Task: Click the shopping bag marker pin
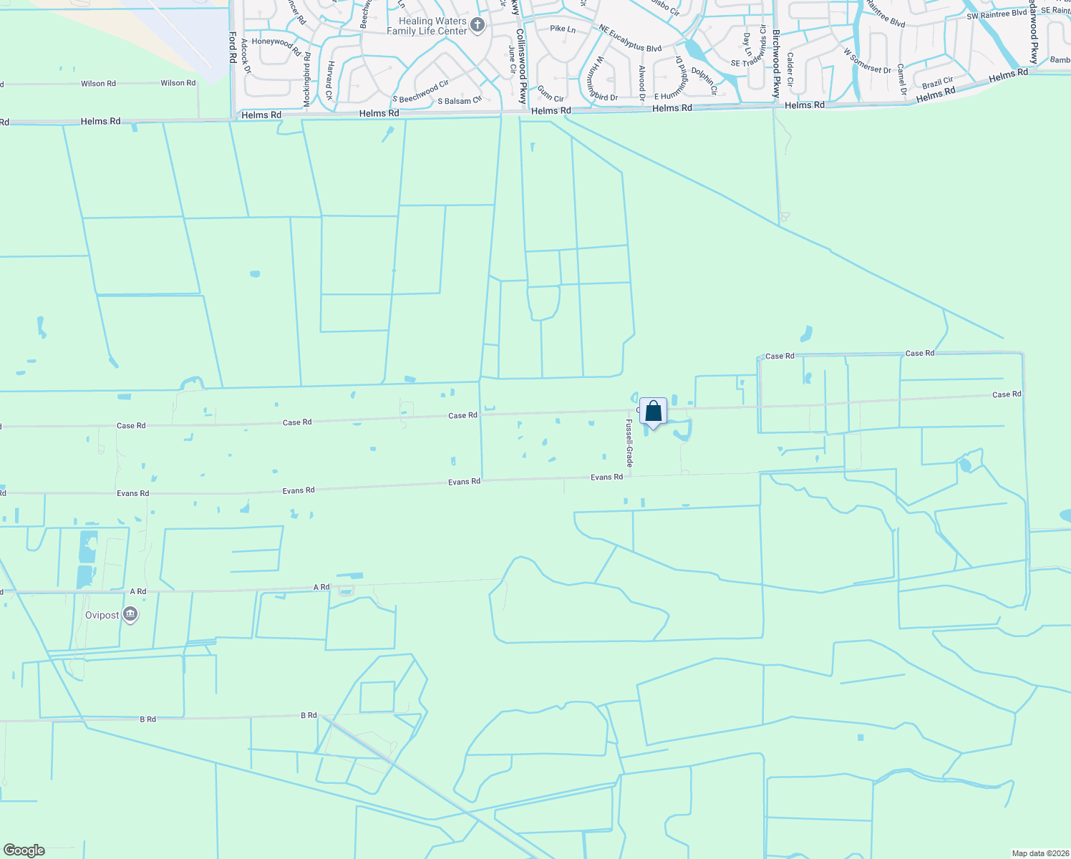coord(653,412)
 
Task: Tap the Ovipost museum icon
coord(130,615)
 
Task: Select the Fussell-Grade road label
coord(630,445)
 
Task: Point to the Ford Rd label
coord(233,47)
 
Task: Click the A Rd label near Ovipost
coord(138,592)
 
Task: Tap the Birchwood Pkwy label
coord(775,64)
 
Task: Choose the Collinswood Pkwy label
coord(522,68)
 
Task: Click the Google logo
coord(24,850)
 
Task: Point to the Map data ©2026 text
coord(1039,853)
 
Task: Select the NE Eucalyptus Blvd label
coord(630,39)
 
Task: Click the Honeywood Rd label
coord(276,46)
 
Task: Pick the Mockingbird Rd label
coord(306,79)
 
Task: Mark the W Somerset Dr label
coord(867,61)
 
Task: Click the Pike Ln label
coord(563,29)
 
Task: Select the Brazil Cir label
coord(937,83)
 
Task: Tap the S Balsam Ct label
coord(459,101)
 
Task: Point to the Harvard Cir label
coord(330,80)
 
